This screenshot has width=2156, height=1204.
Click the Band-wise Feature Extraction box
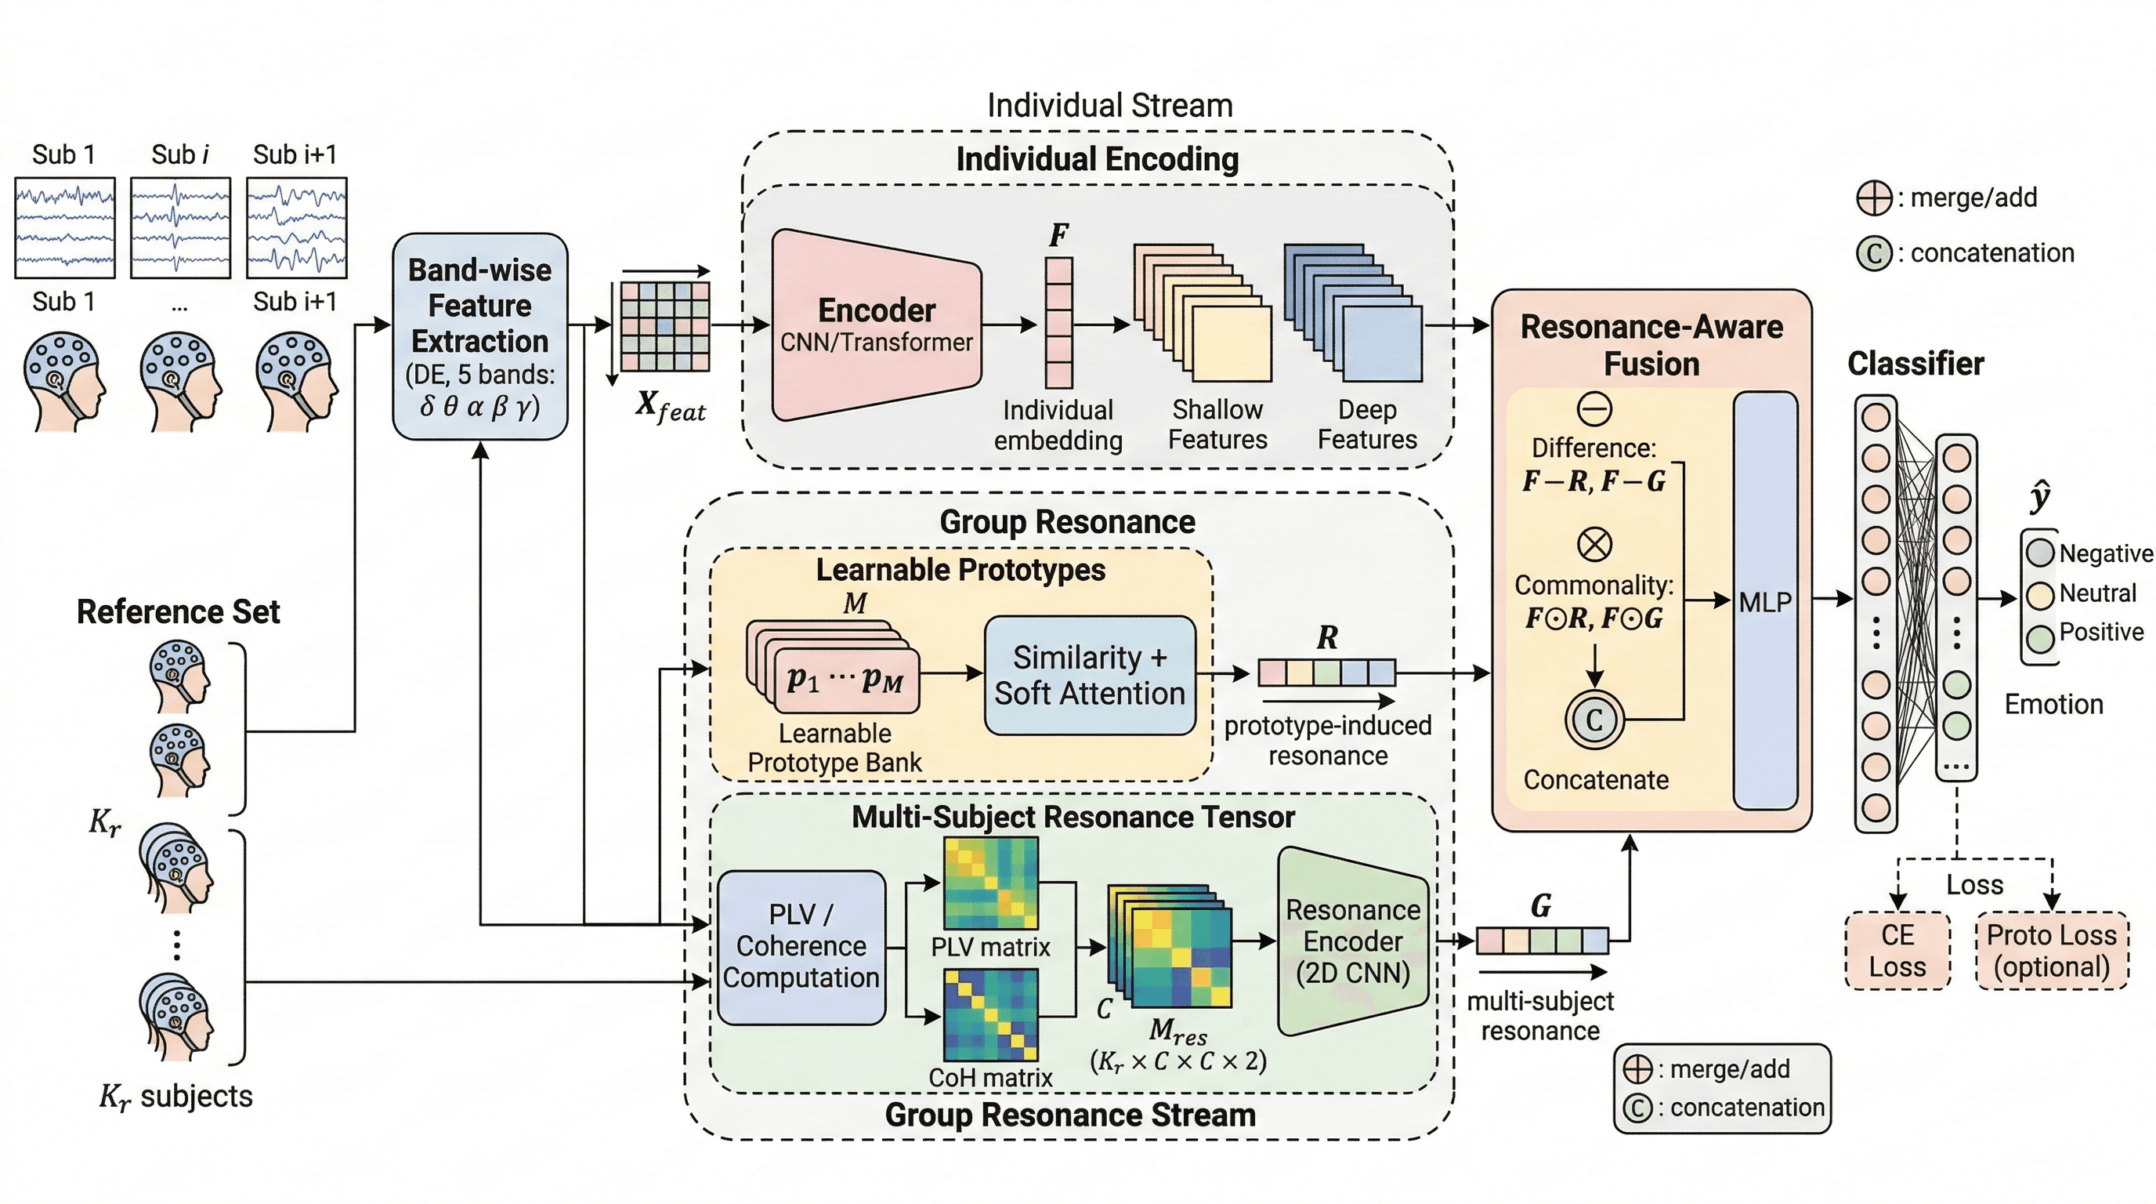pyautogui.click(x=479, y=335)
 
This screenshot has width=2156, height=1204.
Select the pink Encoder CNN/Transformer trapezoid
pyautogui.click(x=875, y=325)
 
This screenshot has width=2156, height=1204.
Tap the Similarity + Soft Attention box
pyautogui.click(x=1089, y=676)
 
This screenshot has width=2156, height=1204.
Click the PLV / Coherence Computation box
pyautogui.click(x=801, y=947)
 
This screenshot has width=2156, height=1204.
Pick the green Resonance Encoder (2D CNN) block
pyautogui.click(x=1351, y=941)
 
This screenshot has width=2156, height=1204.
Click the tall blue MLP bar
pyautogui.click(x=1764, y=600)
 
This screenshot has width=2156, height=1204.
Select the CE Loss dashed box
pyautogui.click(x=1897, y=950)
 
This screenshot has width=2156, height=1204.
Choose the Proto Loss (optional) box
pyautogui.click(x=2051, y=950)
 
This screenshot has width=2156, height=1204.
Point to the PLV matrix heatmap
pyautogui.click(x=990, y=883)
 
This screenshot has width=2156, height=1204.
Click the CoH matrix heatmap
pyautogui.click(x=990, y=1015)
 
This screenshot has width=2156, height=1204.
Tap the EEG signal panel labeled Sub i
pyautogui.click(x=180, y=227)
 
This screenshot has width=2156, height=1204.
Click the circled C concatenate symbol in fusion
pyautogui.click(x=1593, y=720)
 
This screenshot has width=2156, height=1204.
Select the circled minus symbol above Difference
pyautogui.click(x=1593, y=409)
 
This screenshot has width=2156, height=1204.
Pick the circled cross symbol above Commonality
pyautogui.click(x=1593, y=544)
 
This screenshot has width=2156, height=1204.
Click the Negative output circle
pyautogui.click(x=2041, y=553)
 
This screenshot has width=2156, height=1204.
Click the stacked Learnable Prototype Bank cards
pyautogui.click(x=833, y=667)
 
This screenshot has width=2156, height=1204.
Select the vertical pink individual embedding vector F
pyautogui.click(x=1058, y=322)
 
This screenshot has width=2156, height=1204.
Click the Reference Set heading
pyautogui.click(x=179, y=612)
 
